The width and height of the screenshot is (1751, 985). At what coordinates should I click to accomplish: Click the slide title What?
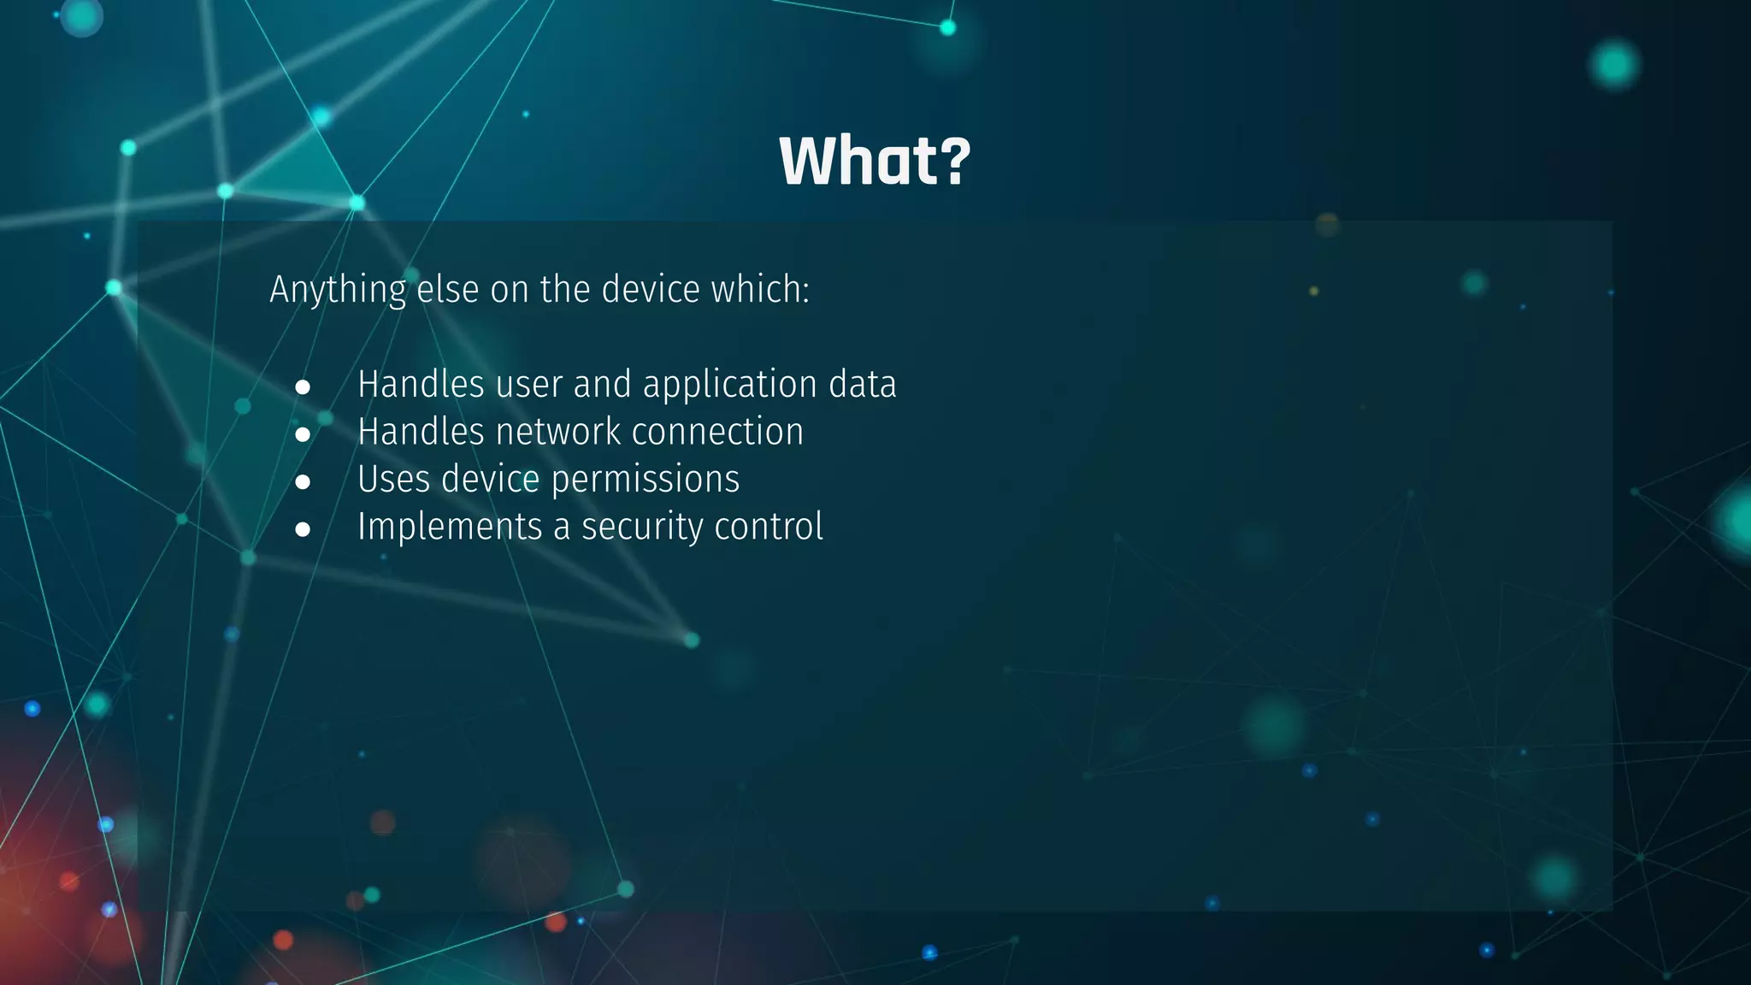875,161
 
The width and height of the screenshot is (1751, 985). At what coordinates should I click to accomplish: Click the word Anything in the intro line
338,291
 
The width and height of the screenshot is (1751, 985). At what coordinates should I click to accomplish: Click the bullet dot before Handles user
303,387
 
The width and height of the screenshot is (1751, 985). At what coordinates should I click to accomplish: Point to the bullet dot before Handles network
303,434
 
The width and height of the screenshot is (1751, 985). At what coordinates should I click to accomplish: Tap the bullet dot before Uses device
303,482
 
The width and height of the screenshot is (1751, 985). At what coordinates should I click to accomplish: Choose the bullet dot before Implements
303,530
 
